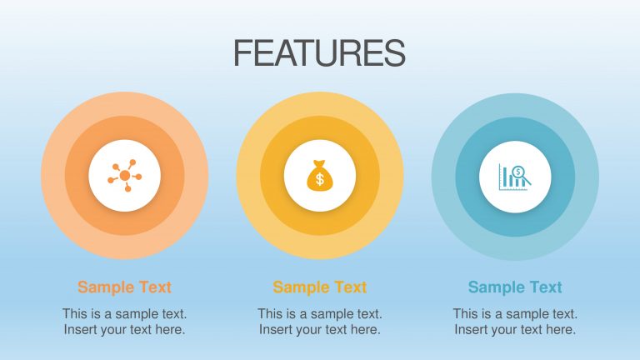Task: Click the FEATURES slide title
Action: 319,53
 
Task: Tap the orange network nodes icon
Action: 124,176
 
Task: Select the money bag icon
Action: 320,176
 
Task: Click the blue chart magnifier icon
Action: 515,176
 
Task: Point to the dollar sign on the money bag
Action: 320,179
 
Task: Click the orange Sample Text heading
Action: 124,287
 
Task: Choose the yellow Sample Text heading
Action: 320,287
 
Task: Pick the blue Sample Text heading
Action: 515,287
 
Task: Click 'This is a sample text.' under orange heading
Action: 124,314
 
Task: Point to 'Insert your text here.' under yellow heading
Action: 320,329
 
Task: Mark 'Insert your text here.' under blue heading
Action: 515,329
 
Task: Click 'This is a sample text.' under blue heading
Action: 515,314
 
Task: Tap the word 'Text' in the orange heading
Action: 154,287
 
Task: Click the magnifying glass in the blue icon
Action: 521,174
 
